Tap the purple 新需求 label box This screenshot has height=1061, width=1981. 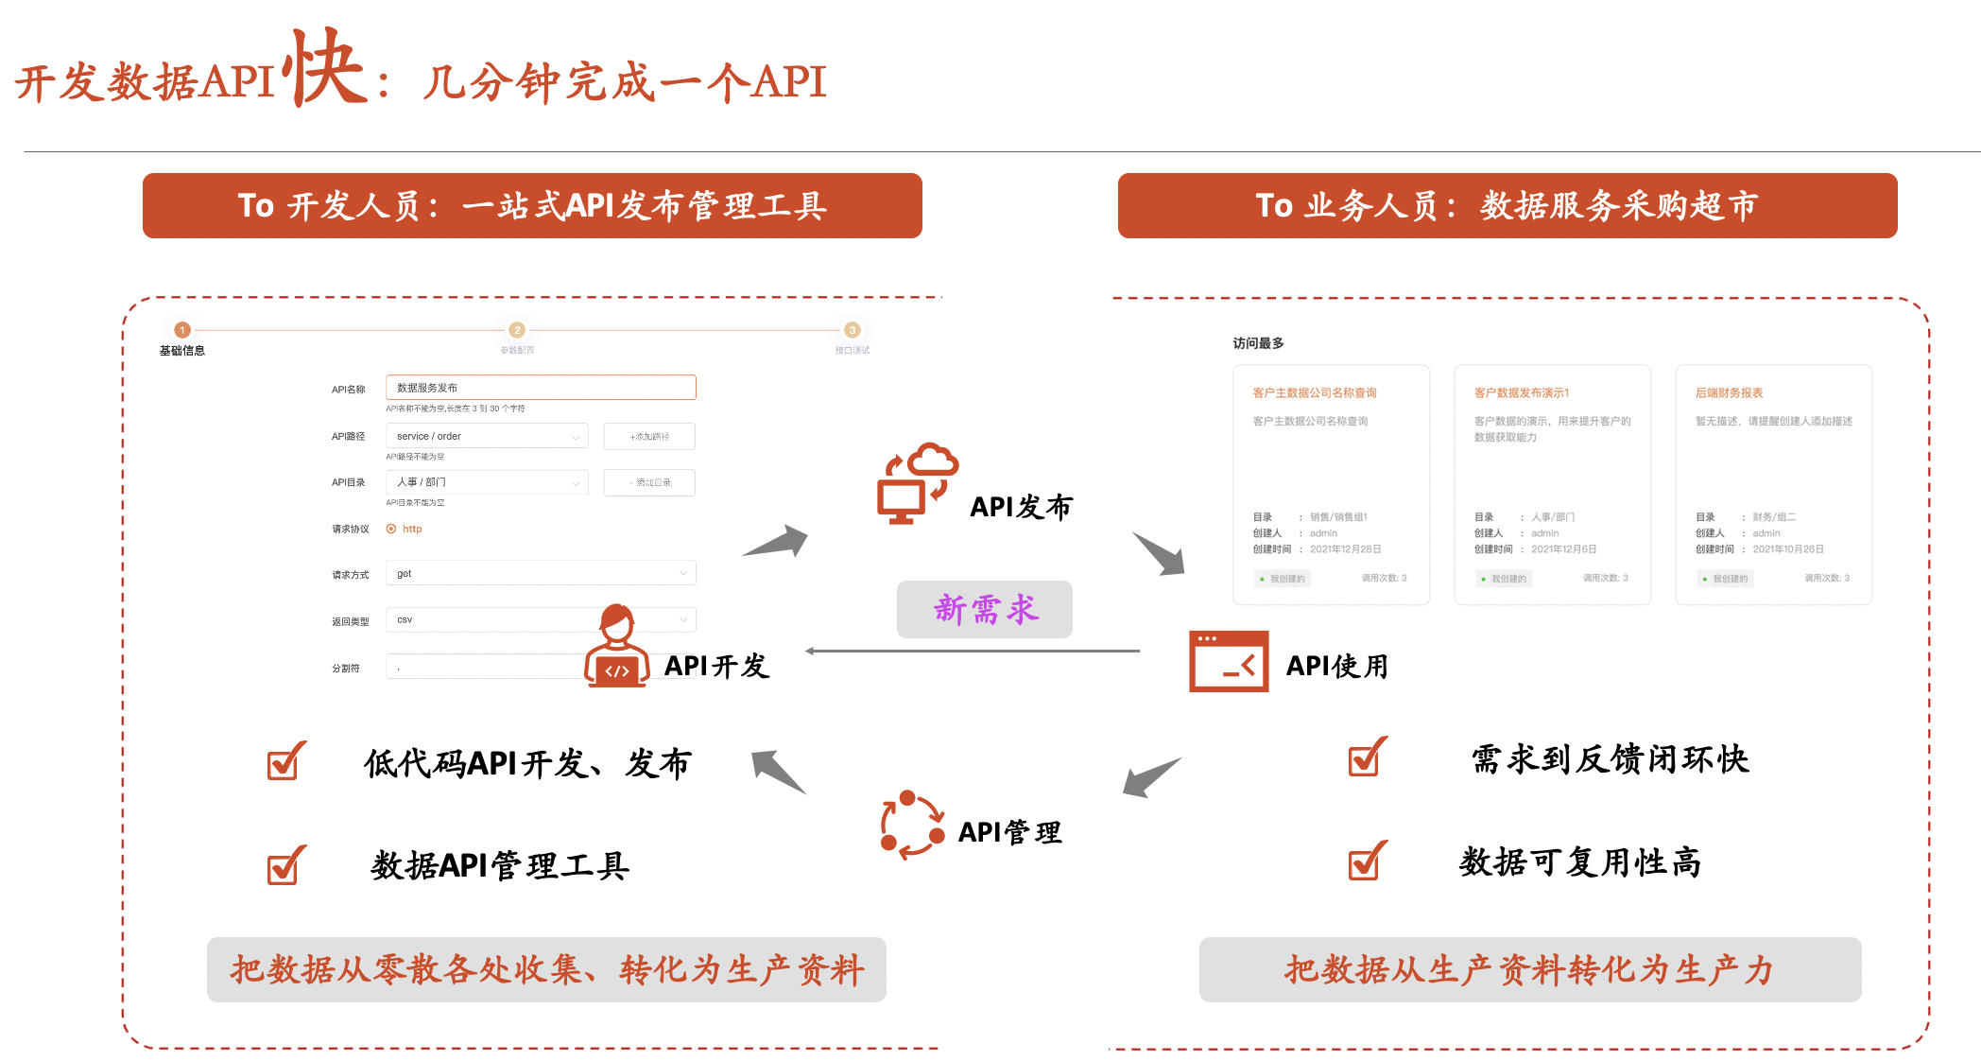coord(984,609)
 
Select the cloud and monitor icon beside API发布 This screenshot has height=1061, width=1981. coord(916,483)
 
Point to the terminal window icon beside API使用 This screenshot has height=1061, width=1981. coord(1228,662)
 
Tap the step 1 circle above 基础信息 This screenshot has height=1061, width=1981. coord(182,330)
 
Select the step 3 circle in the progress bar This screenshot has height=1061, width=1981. coord(852,330)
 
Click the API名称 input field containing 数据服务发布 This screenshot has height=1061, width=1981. coord(541,388)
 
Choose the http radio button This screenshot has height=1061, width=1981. coord(391,529)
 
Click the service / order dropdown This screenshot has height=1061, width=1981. coord(487,436)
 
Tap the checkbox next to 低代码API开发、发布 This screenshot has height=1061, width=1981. coord(285,761)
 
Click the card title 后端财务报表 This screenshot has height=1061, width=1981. coord(1729,392)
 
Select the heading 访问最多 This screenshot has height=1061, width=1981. coord(1258,343)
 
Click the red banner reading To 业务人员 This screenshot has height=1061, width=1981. coord(1507,205)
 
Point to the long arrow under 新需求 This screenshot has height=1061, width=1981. coord(973,651)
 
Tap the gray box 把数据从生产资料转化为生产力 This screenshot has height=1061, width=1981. coord(1529,969)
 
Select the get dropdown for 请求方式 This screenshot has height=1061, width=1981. coord(541,573)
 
